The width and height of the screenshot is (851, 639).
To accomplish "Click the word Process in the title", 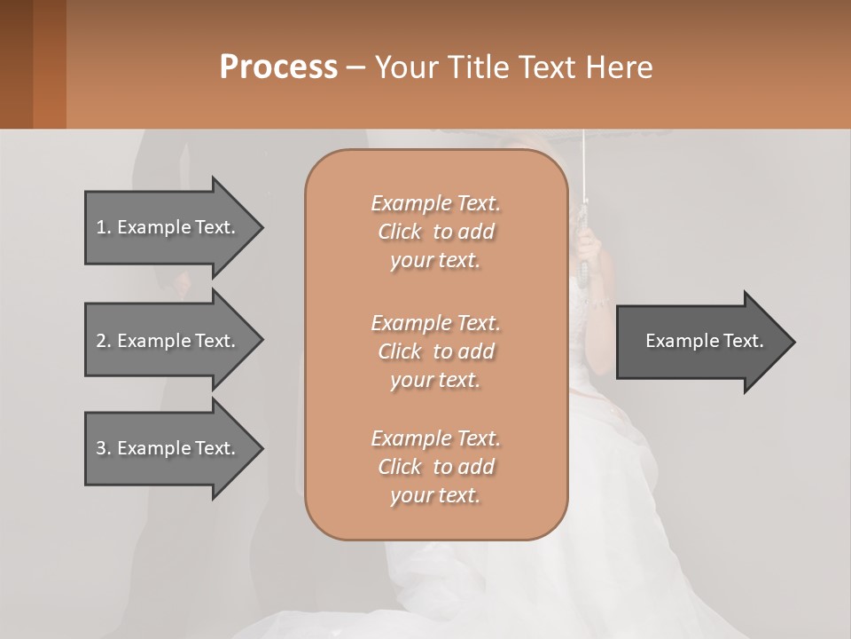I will (x=278, y=67).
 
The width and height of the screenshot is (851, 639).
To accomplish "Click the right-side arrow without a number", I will (x=704, y=342).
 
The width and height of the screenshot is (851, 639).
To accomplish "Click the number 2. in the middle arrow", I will (x=104, y=341).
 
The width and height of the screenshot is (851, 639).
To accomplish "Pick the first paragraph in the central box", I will (x=435, y=232).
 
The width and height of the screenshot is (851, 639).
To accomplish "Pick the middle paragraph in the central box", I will (x=435, y=351).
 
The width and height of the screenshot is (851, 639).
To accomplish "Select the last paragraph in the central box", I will (x=435, y=467).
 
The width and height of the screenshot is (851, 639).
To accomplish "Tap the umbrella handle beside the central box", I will (x=586, y=240).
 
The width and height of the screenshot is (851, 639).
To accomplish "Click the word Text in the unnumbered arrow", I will (x=743, y=341).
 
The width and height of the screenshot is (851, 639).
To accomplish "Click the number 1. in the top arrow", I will (x=104, y=227).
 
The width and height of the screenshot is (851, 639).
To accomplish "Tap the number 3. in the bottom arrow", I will (x=104, y=448).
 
